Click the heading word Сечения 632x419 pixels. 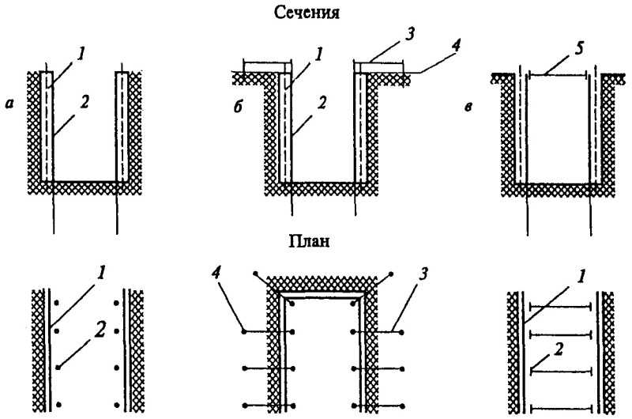tap(307, 12)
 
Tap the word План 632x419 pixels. tap(310, 241)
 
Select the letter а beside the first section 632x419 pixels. tap(9, 104)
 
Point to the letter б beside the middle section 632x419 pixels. tap(239, 107)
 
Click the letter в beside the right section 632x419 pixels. tap(468, 108)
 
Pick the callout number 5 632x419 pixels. tap(579, 49)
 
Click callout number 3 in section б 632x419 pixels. tap(409, 34)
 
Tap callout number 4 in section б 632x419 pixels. tap(456, 46)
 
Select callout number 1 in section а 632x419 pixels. tap(81, 54)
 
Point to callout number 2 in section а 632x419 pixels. tap(85, 102)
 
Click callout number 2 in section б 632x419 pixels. tap(322, 103)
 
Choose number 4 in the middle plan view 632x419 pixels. tap(216, 274)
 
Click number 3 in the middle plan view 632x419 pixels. tap(423, 274)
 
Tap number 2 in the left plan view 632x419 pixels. tap(100, 330)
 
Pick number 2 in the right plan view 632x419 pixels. tap(559, 349)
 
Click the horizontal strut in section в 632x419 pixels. tap(558, 74)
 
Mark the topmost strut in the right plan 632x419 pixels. tap(560, 307)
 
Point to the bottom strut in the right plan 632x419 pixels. tap(561, 409)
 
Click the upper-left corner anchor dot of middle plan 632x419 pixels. tap(254, 274)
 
